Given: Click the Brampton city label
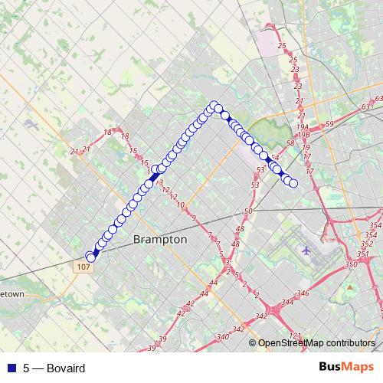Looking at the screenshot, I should point(160,240).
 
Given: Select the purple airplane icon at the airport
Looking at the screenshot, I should point(307,250).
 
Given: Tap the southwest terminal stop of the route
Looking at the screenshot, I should point(90,257).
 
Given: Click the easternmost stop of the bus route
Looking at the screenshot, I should point(293,182).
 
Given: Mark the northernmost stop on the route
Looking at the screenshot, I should point(214,105).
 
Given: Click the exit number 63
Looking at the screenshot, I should point(377,100).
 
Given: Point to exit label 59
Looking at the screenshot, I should point(329,124).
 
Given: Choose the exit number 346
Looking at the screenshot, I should point(304,293).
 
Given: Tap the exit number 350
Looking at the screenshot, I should point(352,264).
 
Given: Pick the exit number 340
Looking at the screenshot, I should point(223,337).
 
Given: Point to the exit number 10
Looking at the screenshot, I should point(181,205).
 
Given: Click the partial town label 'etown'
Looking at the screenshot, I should point(13,294).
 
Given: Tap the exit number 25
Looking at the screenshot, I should point(282,47).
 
